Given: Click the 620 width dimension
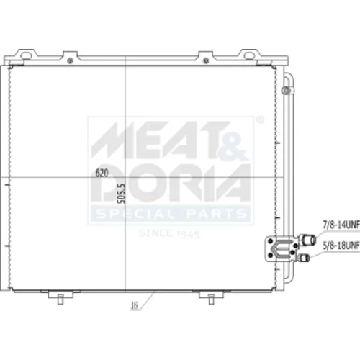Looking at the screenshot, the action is pos(102,173).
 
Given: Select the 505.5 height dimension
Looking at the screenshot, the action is pos(122,194).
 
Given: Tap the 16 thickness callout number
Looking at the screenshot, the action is pos(135,305).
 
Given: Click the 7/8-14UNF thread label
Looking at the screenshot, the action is pos(341,225).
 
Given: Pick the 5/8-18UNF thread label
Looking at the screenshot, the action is pos(341,246).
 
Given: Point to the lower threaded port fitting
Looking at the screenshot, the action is pos(304,258).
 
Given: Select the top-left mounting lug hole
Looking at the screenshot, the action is pos(26,56).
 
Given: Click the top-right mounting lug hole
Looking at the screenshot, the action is pos(249,56).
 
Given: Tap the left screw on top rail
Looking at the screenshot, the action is pos(70,60).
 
